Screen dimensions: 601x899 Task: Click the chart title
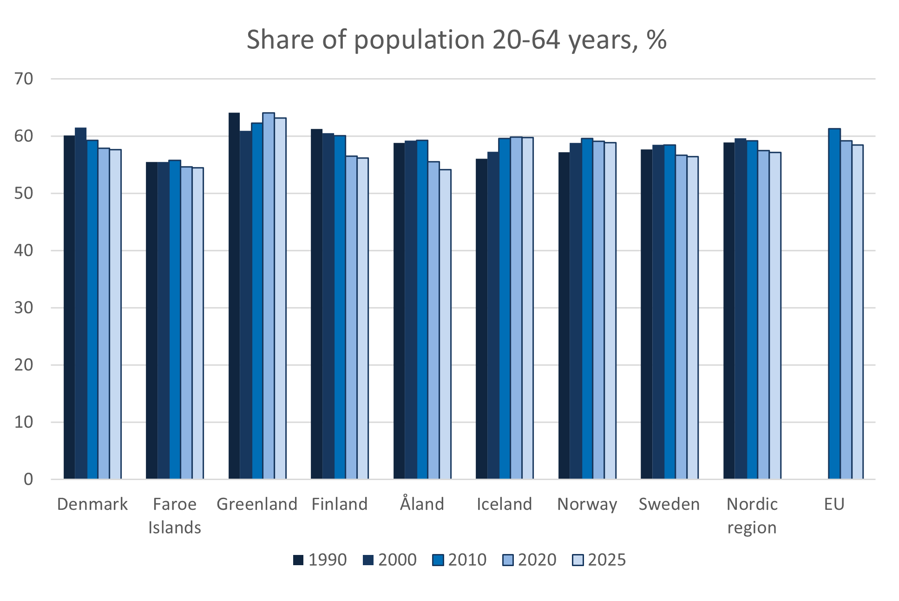tap(456, 40)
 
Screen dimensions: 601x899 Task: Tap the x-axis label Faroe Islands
tap(175, 515)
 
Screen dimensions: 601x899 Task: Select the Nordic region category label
tap(752, 515)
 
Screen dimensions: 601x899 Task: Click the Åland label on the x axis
tap(422, 504)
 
